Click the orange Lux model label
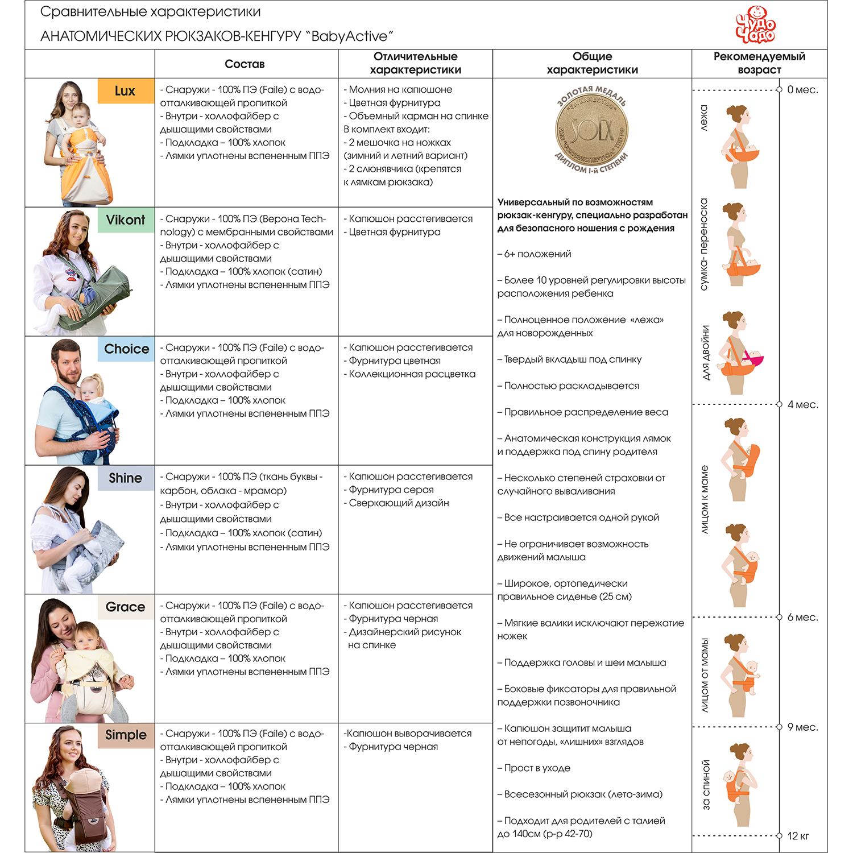point(126,91)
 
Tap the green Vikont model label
point(126,220)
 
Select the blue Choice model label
point(126,349)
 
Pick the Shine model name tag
point(126,478)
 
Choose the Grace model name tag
point(126,607)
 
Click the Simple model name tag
point(126,735)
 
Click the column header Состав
point(245,64)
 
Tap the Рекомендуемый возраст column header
point(759,63)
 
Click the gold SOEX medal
point(591,130)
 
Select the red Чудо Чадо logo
point(755,25)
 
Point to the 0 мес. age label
point(802,90)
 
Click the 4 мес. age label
point(802,405)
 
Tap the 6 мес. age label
point(802,618)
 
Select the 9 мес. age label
point(802,727)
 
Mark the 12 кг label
point(798,836)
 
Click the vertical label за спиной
point(706,784)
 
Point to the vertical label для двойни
point(706,353)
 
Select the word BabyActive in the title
point(349,36)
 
